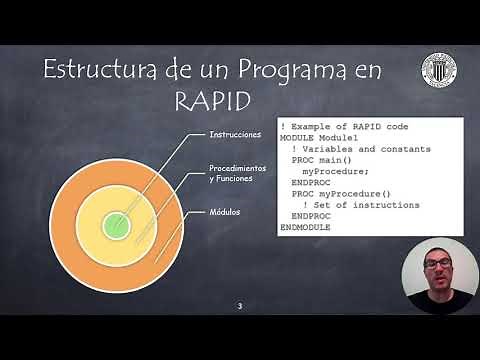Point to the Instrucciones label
point(235,133)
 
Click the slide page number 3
point(239,305)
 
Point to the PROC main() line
point(322,159)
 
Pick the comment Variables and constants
point(351,148)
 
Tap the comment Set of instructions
point(361,204)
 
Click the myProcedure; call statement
point(335,171)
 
